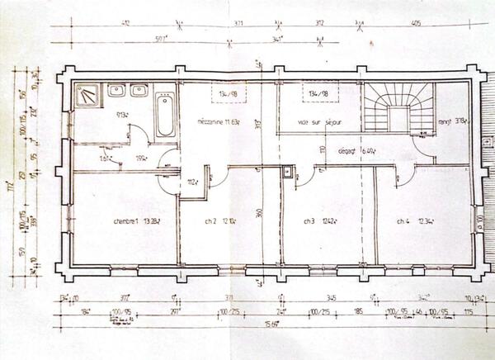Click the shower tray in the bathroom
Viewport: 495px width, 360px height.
(x=87, y=97)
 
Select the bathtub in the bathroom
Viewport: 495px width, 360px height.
(x=164, y=115)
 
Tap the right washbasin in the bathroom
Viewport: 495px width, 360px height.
(x=139, y=91)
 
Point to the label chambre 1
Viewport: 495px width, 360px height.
(x=137, y=221)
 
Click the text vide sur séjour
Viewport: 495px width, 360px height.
(x=319, y=122)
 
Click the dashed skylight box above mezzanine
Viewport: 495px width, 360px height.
(x=225, y=93)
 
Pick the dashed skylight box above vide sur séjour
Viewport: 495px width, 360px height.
(x=318, y=93)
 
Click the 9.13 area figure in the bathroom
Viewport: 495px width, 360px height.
(x=120, y=115)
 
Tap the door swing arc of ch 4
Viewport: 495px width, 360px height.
(x=405, y=175)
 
